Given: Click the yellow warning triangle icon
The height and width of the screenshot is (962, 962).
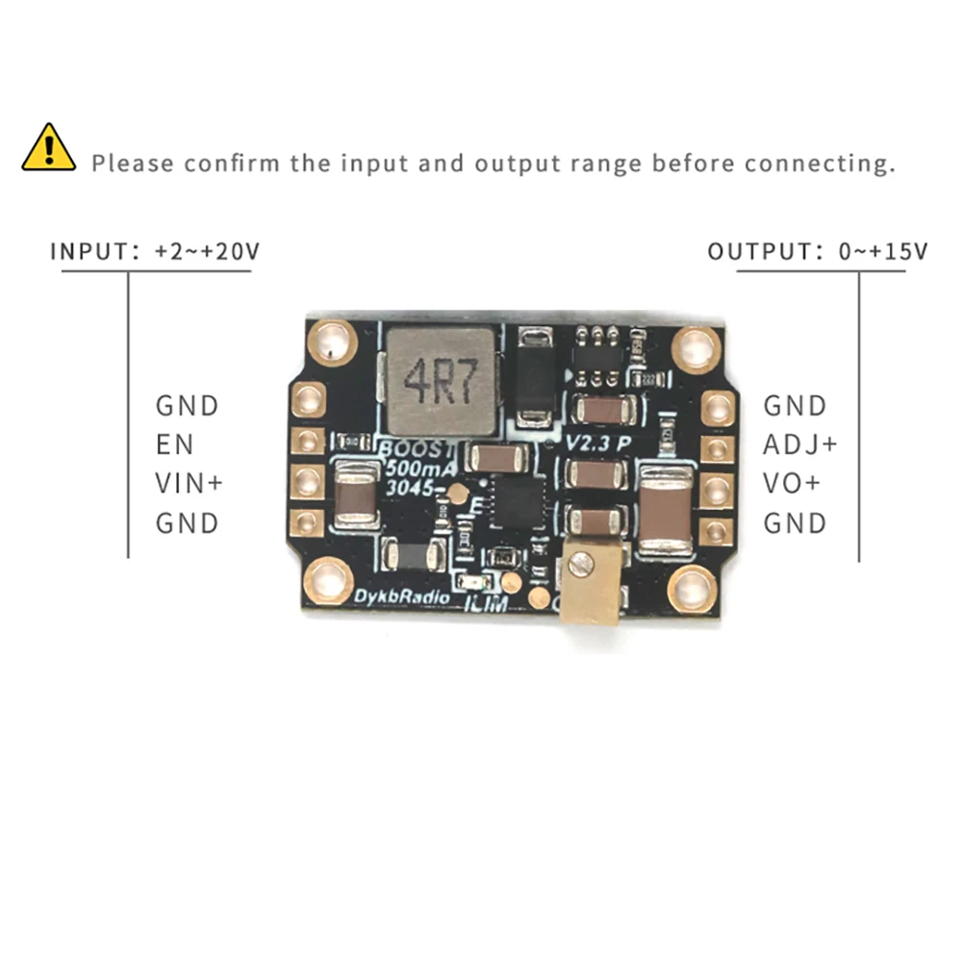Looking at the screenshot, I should tap(49, 148).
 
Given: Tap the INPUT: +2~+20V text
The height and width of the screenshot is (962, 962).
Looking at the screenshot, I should tap(154, 252).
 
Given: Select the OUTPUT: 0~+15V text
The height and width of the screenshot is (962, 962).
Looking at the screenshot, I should tap(817, 252).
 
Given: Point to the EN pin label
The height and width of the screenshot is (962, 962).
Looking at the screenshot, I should tap(174, 444).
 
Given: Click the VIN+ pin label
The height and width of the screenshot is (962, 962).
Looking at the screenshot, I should tap(189, 483).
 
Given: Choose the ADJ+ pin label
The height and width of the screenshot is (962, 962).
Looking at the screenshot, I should tap(800, 444).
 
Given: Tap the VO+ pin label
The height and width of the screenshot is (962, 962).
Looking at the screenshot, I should tap(792, 483).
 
